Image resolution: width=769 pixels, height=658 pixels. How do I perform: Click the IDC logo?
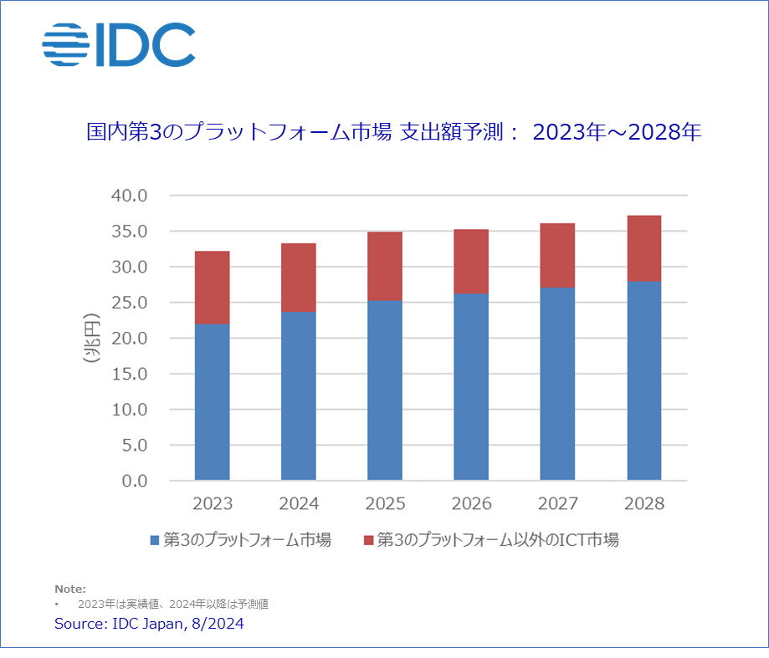pos(119,45)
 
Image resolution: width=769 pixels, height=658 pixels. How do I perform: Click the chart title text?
pos(393,132)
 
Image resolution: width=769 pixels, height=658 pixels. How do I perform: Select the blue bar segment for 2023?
pos(212,402)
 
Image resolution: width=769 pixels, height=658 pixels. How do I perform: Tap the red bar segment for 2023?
pos(212,288)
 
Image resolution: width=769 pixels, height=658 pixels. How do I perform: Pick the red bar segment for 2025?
pos(385,266)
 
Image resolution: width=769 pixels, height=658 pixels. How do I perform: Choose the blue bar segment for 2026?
pos(471,387)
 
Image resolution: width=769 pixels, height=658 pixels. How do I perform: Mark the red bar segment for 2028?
pos(643,248)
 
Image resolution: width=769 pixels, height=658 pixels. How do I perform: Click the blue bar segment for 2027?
pos(557,384)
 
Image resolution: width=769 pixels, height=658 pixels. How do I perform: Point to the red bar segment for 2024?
pos(299,278)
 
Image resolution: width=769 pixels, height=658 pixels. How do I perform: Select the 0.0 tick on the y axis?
pos(133,482)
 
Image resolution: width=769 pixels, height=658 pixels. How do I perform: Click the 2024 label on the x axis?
pos(299,504)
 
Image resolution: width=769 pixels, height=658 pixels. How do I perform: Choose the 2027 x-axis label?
pos(557,504)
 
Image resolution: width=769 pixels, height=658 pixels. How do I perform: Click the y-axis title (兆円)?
pos(90,339)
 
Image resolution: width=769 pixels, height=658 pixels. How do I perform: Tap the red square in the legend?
pos(368,541)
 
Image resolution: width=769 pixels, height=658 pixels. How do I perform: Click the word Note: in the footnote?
pos(70,589)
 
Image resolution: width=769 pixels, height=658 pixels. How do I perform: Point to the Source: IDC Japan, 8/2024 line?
pos(149,624)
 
